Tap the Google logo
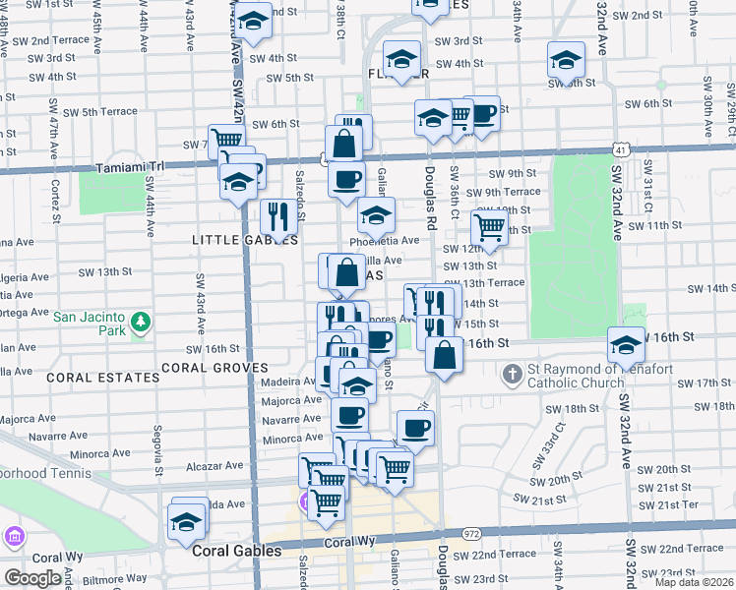32,578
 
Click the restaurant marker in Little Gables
278,219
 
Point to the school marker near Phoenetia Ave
376,215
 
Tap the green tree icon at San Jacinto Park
141,321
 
